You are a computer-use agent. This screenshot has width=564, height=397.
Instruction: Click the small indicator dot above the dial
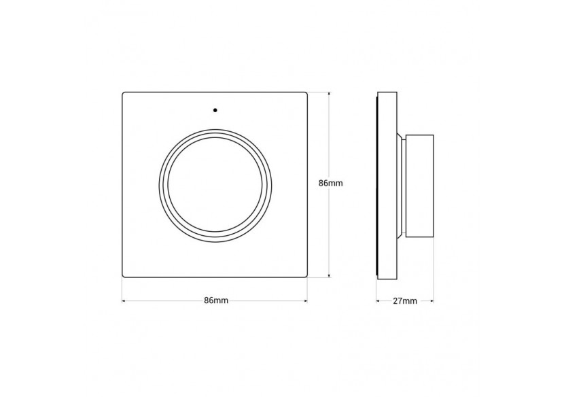point(215,109)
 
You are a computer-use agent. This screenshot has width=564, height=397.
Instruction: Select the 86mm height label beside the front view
point(331,184)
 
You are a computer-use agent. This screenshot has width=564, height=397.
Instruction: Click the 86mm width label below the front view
point(215,300)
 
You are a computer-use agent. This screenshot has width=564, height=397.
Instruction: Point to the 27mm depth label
point(406,300)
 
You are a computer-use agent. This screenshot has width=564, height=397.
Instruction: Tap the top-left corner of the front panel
point(124,92)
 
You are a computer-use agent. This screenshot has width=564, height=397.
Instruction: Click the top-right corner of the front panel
point(306,92)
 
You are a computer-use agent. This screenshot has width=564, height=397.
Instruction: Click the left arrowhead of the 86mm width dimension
point(124,300)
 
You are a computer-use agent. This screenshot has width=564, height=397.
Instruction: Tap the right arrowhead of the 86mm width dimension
point(306,300)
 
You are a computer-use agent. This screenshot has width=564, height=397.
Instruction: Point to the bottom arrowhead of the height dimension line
point(330,275)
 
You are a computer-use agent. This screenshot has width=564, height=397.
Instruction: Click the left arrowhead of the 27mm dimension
point(378,300)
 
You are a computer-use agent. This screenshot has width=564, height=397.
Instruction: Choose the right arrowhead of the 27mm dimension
point(432,300)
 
